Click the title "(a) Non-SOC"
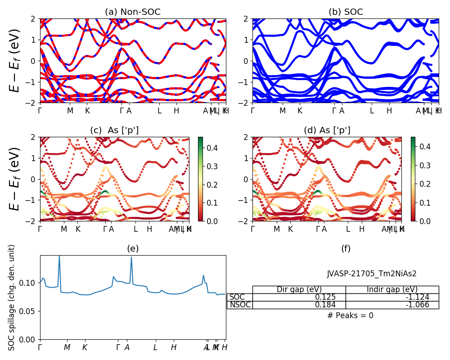click(133, 12)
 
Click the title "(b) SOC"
click(346, 12)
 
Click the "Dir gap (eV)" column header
click(299, 289)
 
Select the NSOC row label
click(239, 305)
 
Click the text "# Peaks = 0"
click(350, 315)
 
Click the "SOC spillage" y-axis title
click(12, 297)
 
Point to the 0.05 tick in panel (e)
click(30, 311)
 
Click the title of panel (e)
click(133, 248)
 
